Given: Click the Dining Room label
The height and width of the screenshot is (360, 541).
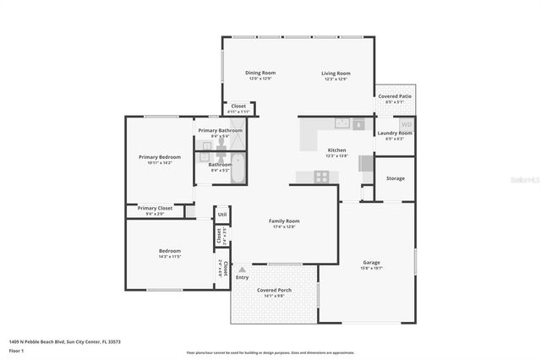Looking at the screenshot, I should click(x=260, y=73).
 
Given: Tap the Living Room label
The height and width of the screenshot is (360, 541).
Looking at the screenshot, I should click(x=336, y=74).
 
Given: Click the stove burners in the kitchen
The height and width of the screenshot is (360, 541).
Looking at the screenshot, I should click(x=322, y=177).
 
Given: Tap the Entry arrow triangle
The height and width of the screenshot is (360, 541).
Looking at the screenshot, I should click(x=242, y=270).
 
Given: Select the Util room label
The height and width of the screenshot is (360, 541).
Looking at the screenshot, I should click(x=221, y=215).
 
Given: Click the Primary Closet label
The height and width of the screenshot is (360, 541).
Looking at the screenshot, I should click(x=155, y=208).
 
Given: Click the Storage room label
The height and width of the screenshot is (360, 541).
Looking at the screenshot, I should click(x=396, y=178).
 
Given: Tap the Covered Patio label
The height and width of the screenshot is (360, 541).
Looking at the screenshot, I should click(x=395, y=96).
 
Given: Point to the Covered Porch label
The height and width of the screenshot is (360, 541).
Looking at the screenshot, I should click(x=273, y=290).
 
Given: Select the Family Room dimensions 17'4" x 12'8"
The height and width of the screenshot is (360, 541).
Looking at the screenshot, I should click(x=285, y=226).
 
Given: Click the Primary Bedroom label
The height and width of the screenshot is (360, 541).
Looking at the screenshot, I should click(x=160, y=156).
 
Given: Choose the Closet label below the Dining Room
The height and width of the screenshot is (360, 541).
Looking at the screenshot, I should click(x=238, y=106).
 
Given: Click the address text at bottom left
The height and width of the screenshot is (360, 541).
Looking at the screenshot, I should click(x=64, y=341).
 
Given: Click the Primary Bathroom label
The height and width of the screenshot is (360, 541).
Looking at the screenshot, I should click(x=220, y=130).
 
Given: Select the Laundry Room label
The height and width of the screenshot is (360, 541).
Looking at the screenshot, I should click(x=395, y=133).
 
